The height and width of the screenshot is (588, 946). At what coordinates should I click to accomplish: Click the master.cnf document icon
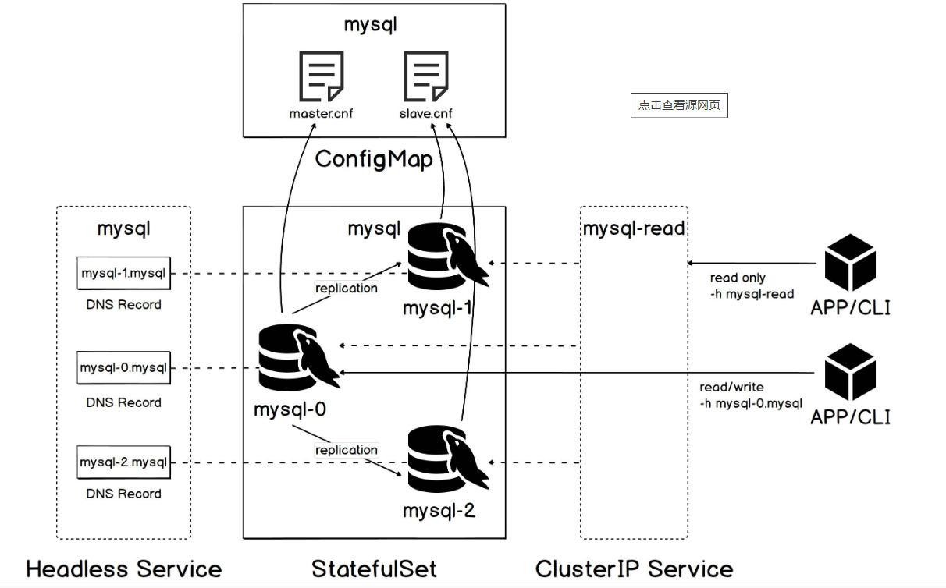(x=321, y=76)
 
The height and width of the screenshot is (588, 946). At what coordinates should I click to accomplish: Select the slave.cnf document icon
(x=425, y=76)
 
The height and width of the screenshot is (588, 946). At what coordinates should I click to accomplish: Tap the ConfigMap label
(x=373, y=160)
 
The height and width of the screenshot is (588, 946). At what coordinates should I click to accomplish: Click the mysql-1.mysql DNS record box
(x=124, y=273)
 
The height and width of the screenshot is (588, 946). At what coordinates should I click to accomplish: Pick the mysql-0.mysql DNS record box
(x=124, y=367)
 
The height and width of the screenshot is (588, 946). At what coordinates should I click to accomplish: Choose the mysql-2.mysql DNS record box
(x=124, y=462)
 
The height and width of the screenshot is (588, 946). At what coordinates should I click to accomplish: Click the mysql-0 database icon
(x=297, y=361)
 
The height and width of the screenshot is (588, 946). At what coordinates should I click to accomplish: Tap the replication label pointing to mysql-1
(x=346, y=289)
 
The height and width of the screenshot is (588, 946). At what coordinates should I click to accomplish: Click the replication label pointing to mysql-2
(x=346, y=450)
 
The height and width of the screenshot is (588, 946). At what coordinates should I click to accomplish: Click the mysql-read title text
(x=633, y=228)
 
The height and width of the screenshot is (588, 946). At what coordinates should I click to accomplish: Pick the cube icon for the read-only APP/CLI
(x=850, y=262)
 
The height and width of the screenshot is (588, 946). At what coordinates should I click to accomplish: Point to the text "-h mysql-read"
(x=752, y=294)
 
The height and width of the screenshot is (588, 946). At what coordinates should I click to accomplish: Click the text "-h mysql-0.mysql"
(x=751, y=403)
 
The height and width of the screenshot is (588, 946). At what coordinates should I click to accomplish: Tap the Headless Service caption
(x=123, y=569)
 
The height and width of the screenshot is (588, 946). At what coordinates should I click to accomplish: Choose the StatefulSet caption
(x=374, y=569)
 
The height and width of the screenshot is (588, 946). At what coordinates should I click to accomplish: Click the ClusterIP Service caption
(x=634, y=569)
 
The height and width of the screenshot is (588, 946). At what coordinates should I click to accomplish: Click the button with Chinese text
(x=679, y=105)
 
